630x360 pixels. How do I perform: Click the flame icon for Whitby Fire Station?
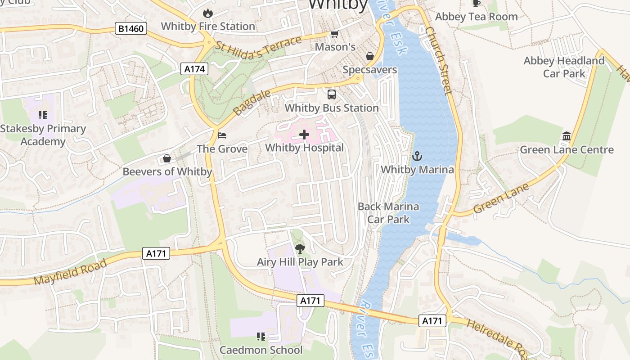[207, 13]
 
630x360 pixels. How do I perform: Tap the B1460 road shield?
[131, 29]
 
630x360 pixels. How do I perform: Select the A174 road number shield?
[195, 69]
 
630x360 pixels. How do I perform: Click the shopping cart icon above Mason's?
[334, 34]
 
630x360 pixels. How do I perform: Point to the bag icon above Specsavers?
[369, 56]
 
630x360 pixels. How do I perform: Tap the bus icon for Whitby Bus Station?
[332, 94]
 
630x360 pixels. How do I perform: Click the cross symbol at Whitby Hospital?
[304, 134]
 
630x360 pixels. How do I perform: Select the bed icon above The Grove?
[222, 135]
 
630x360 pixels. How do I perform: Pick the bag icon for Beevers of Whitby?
[167, 158]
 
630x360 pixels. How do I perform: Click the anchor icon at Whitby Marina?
[417, 156]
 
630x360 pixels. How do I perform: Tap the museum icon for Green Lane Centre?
[567, 136]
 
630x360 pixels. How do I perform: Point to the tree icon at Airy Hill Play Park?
[300, 248]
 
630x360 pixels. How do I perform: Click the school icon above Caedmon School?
[261, 336]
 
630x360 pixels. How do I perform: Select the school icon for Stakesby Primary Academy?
[43, 115]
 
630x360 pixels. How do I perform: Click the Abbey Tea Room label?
[476, 17]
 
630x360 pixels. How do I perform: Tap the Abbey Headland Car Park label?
[564, 67]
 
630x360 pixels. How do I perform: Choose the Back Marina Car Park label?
[388, 213]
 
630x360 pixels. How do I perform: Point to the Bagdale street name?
[252, 102]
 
